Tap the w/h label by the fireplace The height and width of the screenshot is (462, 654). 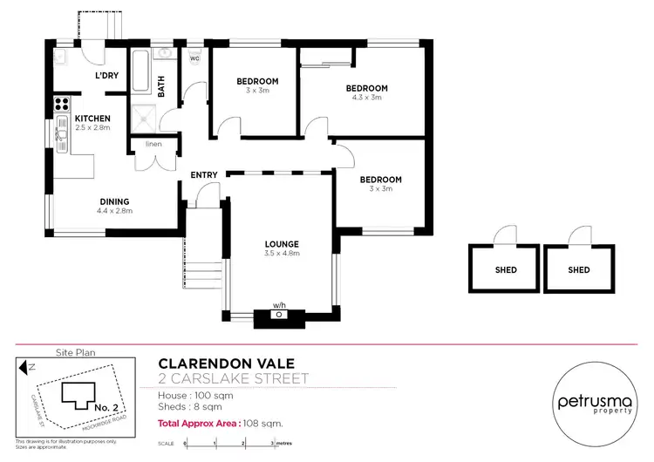tap(278, 306)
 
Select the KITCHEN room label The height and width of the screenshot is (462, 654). tap(92, 119)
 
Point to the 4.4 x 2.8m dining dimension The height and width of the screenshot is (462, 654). tap(113, 210)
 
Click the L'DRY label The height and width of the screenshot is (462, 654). tap(107, 76)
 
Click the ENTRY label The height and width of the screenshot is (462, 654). tap(203, 175)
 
